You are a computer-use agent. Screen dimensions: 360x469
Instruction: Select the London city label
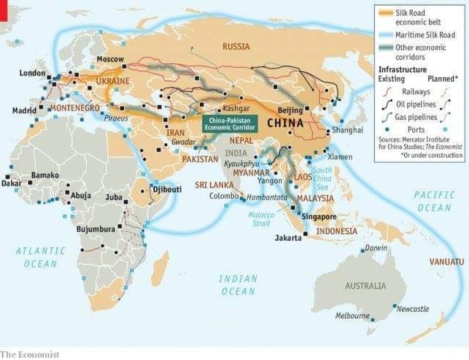(x=33, y=73)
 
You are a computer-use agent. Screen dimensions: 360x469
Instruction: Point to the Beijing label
(x=291, y=110)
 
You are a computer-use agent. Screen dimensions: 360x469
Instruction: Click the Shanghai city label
(x=345, y=130)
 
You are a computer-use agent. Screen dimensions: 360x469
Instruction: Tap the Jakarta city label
(x=288, y=238)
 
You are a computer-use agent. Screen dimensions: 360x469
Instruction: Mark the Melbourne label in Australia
(x=352, y=316)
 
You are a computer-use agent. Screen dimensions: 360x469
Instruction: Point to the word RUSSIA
(x=236, y=46)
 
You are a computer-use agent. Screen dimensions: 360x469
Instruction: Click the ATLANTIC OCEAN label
(x=41, y=257)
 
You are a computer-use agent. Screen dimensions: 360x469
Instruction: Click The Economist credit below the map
(x=30, y=354)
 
